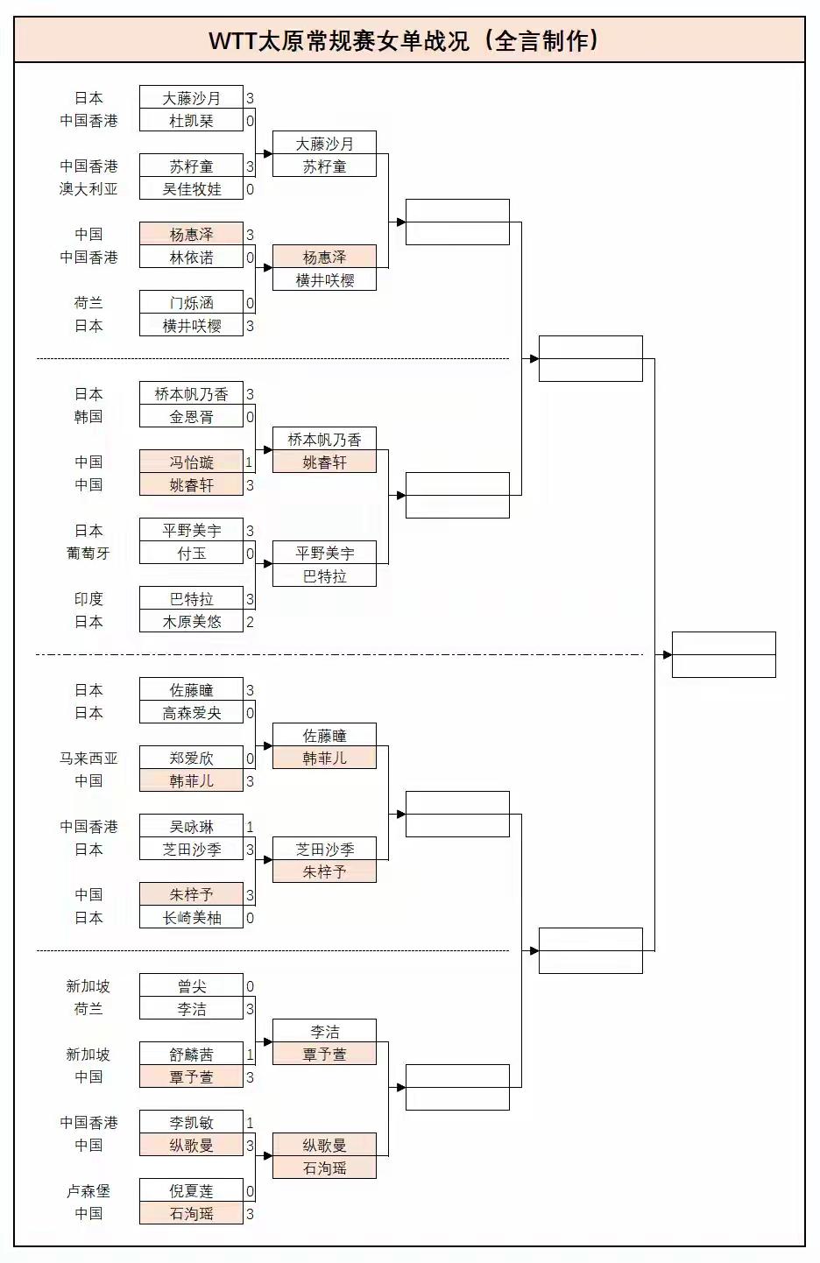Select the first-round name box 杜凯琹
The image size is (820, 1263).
pos(191,121)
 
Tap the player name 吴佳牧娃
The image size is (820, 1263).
pos(191,189)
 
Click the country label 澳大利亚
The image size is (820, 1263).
pos(88,189)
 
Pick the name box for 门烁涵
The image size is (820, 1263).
pos(191,303)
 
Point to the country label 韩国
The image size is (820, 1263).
pos(88,417)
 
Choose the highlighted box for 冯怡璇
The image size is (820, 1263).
pos(191,462)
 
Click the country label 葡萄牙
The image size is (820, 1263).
pos(88,554)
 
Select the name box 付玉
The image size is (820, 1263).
pos(191,554)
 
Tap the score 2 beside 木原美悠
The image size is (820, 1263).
pos(250,622)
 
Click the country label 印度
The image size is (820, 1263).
pos(88,599)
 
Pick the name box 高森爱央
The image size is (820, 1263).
pos(191,713)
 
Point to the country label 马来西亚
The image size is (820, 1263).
pos(88,759)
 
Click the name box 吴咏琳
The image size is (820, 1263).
pos(191,827)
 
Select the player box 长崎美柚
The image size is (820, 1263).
pos(191,918)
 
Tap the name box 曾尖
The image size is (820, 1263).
pos(191,986)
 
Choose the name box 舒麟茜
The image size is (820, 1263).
pos(191,1055)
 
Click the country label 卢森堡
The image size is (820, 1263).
pos(88,1191)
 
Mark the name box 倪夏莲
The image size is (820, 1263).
pos(191,1191)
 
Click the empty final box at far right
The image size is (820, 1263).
pos(724,654)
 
